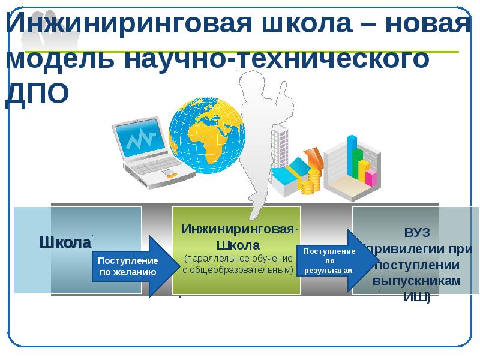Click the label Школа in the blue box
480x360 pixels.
click(x=65, y=243)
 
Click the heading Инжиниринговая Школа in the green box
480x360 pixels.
click(x=238, y=236)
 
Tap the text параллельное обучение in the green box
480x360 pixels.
click(x=238, y=258)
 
